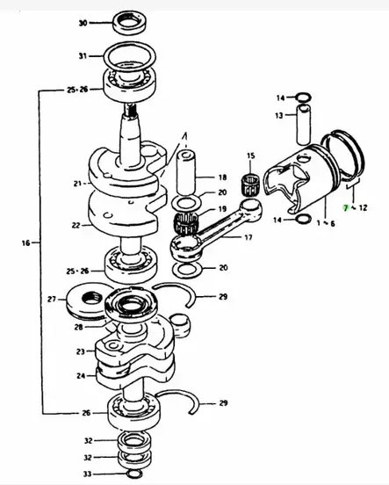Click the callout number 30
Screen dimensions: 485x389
(83, 23)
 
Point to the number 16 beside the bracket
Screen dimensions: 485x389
(25, 242)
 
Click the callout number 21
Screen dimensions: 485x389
(78, 184)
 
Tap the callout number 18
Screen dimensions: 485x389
(222, 177)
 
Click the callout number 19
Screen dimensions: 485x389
(222, 208)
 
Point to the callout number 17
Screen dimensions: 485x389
(248, 237)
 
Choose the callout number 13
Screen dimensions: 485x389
(278, 115)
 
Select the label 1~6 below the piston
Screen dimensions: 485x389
(327, 224)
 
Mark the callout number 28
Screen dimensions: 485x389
(78, 327)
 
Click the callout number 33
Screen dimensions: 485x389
(85, 473)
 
